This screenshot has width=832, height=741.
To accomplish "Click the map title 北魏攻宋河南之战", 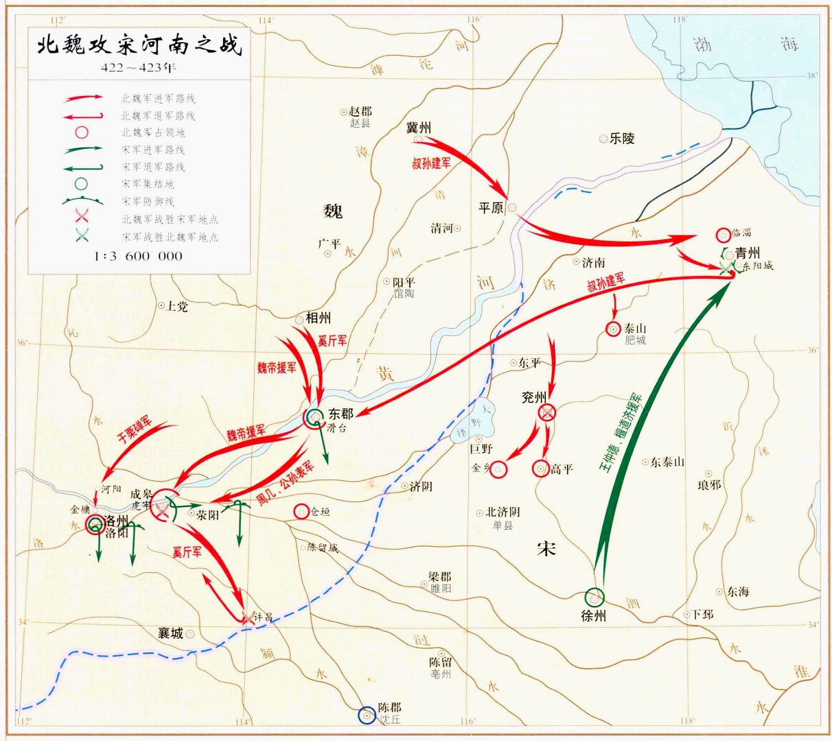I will [x=139, y=47].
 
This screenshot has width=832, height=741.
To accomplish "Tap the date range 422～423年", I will [x=139, y=68].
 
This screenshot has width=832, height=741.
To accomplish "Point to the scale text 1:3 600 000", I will [x=139, y=256].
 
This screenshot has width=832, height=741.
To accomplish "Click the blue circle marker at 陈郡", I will [x=367, y=715].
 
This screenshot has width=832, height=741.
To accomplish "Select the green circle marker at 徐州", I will [x=594, y=597].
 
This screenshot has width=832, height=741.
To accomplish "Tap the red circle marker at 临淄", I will [x=723, y=235].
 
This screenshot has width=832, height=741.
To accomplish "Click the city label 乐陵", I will [x=622, y=139].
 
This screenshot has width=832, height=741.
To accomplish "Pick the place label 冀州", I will [x=419, y=128].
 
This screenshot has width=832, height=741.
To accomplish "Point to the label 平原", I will [x=491, y=207].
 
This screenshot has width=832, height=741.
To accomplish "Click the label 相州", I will [x=319, y=318].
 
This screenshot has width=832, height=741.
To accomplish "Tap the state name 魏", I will [x=333, y=211].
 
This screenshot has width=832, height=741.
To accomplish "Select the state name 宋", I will [x=546, y=549].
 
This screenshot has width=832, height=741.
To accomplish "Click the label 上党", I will [x=177, y=306].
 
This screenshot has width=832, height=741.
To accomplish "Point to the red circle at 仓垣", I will [x=301, y=511].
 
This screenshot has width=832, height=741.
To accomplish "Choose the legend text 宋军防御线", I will [x=148, y=202].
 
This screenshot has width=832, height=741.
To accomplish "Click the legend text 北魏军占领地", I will [x=153, y=132].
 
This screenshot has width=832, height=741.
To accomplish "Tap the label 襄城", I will [x=170, y=633].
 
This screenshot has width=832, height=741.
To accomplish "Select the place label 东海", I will [x=739, y=591].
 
